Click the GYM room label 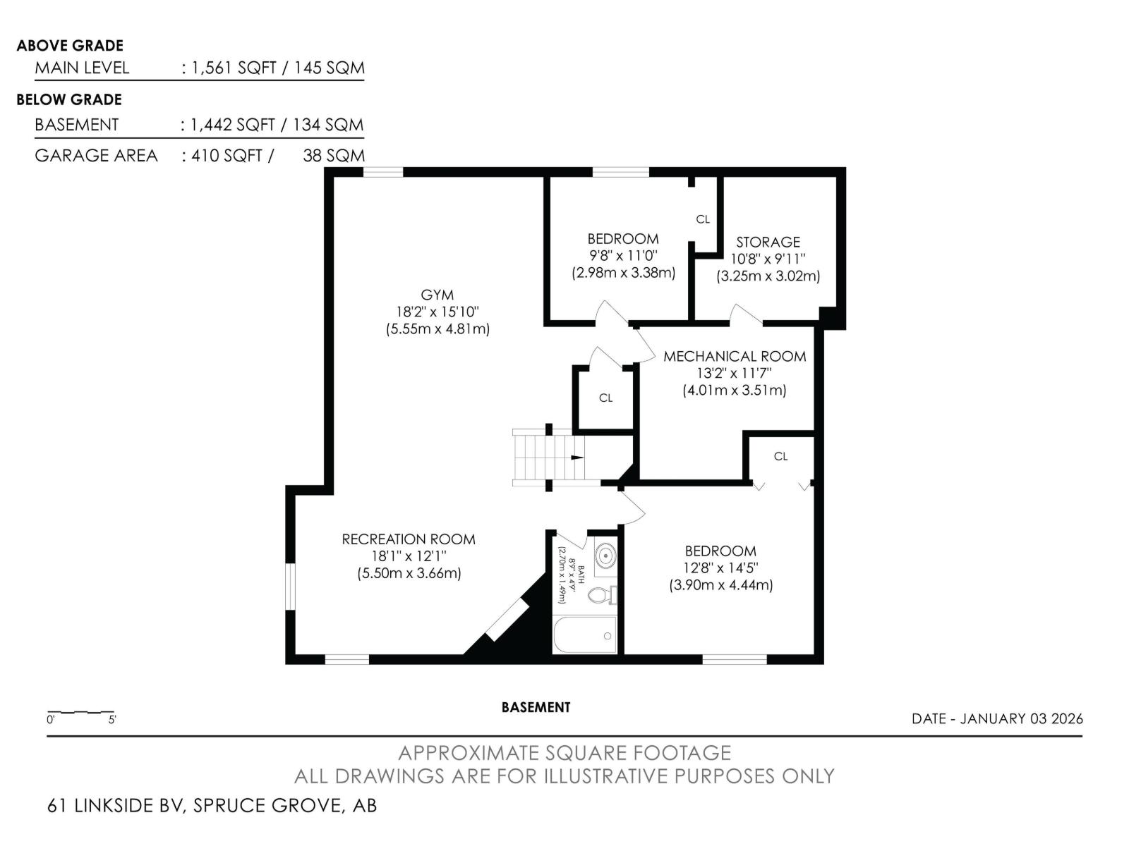click(x=437, y=295)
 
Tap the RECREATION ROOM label click(x=409, y=539)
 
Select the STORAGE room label click(x=768, y=242)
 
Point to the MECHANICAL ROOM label click(x=735, y=357)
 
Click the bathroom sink click(x=606, y=556)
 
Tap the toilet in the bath click(x=602, y=595)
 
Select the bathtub click(x=585, y=635)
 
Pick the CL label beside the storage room click(x=703, y=219)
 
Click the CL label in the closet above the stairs click(x=605, y=398)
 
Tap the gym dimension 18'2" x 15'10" click(x=437, y=312)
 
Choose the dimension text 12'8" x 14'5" click(x=720, y=568)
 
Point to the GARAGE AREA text click(x=96, y=156)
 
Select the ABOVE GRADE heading click(x=70, y=46)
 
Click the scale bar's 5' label click(x=112, y=720)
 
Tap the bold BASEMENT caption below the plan click(x=536, y=707)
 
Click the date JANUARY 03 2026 click(x=1022, y=718)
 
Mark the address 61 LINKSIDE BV click(x=116, y=805)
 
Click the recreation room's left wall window click(x=291, y=587)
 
